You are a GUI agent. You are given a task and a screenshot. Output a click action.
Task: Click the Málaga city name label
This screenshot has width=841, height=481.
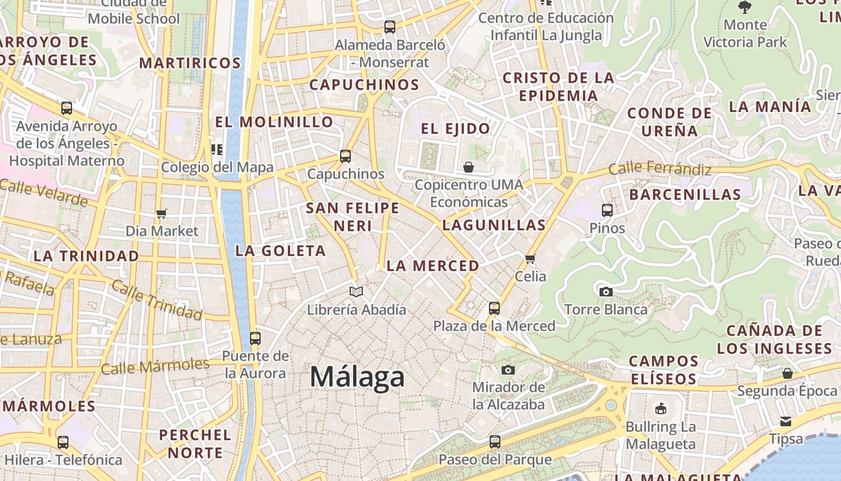(357, 377)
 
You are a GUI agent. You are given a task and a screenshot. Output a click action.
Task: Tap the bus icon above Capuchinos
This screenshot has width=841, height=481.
(345, 156)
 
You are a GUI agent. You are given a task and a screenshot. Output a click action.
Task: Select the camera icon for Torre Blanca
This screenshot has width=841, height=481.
(606, 292)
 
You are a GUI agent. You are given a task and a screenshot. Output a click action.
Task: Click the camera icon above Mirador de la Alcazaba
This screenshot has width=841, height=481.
(508, 369)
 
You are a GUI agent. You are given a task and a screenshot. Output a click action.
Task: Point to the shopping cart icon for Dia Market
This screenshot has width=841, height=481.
(161, 213)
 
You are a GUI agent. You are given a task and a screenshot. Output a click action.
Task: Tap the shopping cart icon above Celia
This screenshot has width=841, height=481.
(530, 259)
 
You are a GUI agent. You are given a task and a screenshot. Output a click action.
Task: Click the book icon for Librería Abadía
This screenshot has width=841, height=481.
(356, 292)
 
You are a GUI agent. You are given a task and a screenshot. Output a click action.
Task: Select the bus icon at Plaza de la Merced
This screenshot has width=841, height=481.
(494, 308)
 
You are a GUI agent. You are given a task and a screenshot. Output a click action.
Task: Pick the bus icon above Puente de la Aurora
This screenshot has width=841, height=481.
(255, 339)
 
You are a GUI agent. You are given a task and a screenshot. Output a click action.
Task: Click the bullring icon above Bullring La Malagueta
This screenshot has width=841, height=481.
(661, 409)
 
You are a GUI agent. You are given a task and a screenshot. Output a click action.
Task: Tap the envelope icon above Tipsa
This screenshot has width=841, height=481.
(786, 421)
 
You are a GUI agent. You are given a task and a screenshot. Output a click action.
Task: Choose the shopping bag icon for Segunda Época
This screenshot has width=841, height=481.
(788, 373)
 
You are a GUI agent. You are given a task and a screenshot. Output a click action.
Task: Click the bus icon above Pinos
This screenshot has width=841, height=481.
(607, 210)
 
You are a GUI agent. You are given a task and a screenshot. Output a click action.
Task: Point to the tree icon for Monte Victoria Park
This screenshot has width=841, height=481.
(745, 7)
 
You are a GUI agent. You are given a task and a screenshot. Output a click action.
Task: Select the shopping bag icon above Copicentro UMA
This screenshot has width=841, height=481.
(469, 167)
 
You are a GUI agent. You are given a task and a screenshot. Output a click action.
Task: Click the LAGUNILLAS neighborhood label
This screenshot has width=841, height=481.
(494, 225)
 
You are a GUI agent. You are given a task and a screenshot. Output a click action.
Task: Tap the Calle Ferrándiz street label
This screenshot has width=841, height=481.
(660, 169)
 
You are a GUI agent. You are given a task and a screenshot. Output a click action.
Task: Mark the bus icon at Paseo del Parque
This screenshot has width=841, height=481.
(494, 442)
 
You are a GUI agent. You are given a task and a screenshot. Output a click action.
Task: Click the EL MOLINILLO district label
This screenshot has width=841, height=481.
(274, 122)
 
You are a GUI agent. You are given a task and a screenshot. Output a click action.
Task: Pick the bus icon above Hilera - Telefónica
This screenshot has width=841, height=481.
(63, 443)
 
